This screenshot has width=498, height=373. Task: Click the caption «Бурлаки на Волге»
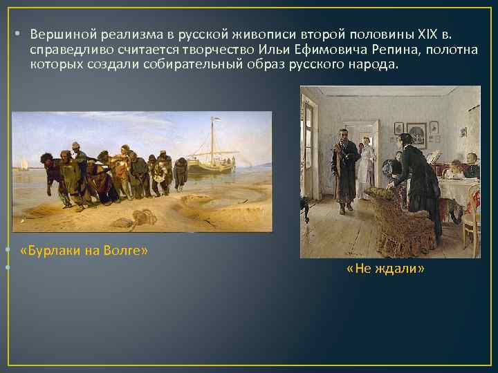click(x=85, y=250)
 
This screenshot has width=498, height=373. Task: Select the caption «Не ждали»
click(x=385, y=268)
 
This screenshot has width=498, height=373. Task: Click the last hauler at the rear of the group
click(x=182, y=173)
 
